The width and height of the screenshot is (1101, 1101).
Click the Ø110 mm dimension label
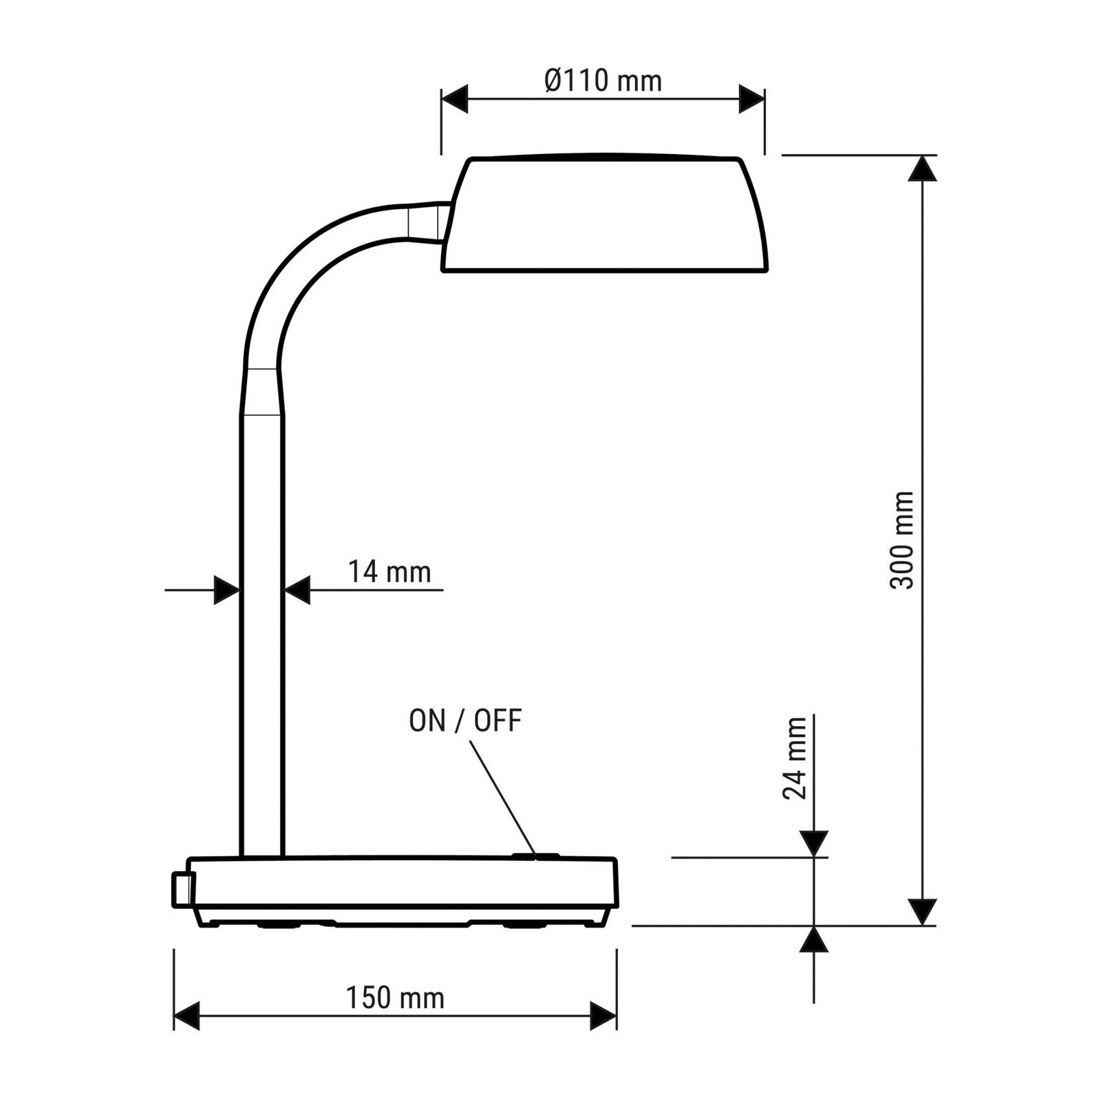click(x=603, y=81)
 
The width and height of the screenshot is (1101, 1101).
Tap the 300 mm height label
click(x=901, y=540)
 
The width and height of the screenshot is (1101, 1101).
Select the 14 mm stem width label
click(x=389, y=572)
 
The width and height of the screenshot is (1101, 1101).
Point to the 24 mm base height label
click(x=795, y=758)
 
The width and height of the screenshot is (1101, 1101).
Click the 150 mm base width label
click(x=395, y=998)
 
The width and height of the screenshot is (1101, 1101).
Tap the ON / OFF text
click(x=465, y=721)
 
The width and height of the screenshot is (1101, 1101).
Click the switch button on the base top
click(x=535, y=857)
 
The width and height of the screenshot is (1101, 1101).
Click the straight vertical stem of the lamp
click(x=262, y=633)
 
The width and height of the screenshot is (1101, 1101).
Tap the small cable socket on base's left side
click(x=183, y=889)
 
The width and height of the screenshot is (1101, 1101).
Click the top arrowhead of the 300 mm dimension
click(x=922, y=169)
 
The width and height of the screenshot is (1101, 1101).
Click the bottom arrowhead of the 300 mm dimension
click(x=922, y=912)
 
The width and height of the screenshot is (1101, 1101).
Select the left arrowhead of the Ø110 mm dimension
click(x=454, y=99)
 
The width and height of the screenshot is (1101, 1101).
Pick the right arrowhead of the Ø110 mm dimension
click(x=751, y=99)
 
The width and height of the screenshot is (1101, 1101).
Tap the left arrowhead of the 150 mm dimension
click(x=186, y=1016)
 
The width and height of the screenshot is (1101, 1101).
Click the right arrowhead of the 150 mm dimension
click(x=603, y=1016)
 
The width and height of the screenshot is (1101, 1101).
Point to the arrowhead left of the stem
click(x=226, y=590)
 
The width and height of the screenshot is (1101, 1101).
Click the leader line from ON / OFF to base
click(x=502, y=798)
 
